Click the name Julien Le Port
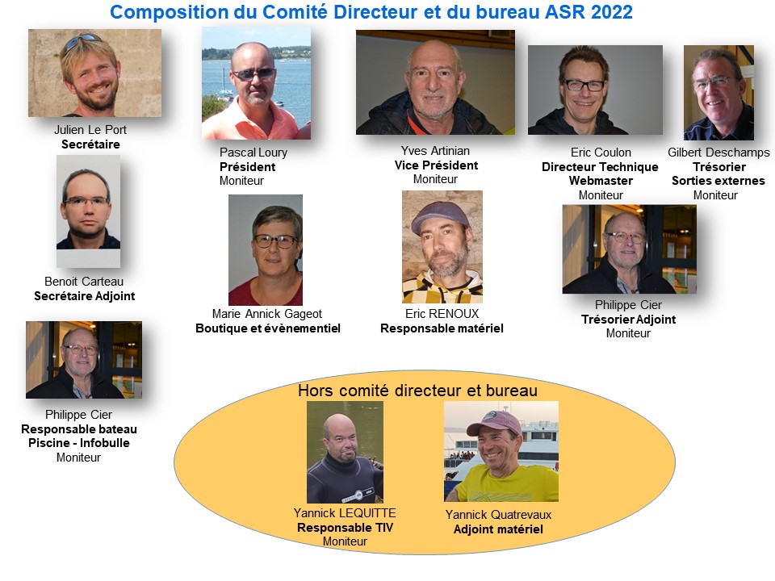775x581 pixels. [x=90, y=130]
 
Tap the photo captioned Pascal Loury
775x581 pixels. [x=256, y=83]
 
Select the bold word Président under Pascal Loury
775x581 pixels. [x=248, y=167]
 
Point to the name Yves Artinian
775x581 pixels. [x=435, y=151]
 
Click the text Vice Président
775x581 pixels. [x=437, y=165]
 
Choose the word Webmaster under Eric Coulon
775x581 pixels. [x=601, y=181]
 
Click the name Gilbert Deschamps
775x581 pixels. [x=718, y=153]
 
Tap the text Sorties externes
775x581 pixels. [x=718, y=181]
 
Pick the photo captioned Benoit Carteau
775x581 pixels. [x=88, y=211]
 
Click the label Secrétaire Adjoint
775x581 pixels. [x=85, y=296]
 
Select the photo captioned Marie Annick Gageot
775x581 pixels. [x=266, y=249]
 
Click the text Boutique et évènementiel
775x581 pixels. [x=268, y=328]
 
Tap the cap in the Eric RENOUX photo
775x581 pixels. [x=440, y=215]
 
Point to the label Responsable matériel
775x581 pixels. [x=442, y=328]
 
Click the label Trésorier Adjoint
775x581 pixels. [x=629, y=320]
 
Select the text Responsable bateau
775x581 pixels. [x=79, y=428]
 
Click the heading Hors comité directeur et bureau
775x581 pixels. [x=417, y=391]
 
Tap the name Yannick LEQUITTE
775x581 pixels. [x=345, y=513]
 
